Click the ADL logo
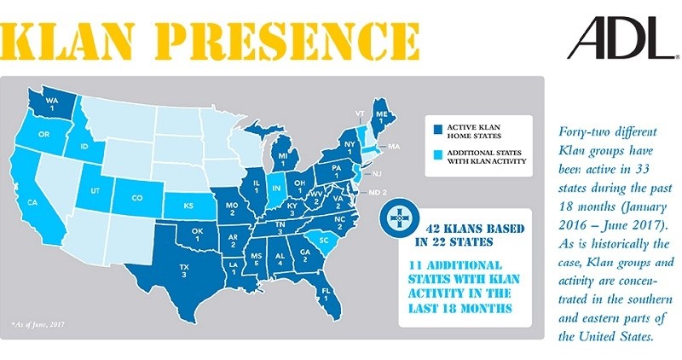[621, 41]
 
